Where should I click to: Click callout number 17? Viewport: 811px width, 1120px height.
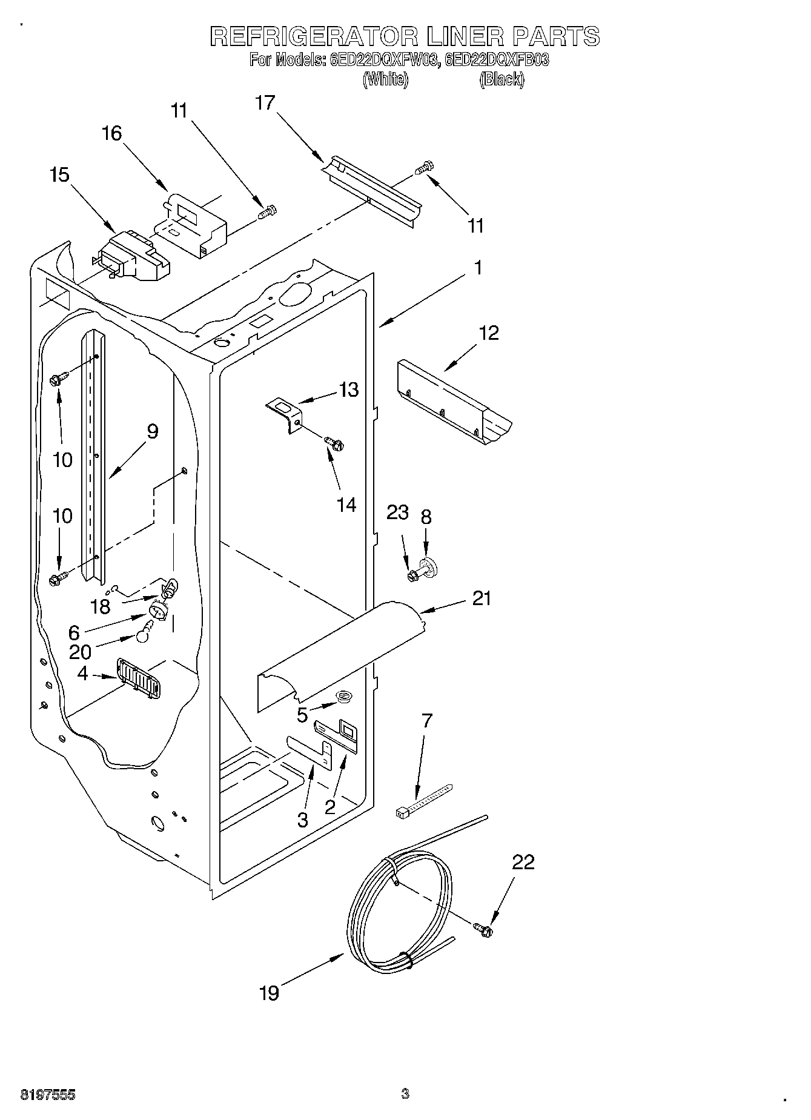coord(265,103)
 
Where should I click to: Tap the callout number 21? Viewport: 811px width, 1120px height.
coord(482,598)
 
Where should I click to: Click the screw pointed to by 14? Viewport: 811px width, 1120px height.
coord(334,443)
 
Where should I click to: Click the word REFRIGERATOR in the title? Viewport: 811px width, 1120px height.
coord(313,37)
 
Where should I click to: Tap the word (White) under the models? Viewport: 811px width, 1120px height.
coord(385,79)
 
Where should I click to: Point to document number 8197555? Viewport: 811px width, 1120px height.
coord(48,1095)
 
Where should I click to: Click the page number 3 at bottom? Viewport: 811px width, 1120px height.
coord(405,1093)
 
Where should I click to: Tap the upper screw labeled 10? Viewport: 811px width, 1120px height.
coord(57,380)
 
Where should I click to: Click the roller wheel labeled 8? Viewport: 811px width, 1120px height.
coord(431,567)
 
